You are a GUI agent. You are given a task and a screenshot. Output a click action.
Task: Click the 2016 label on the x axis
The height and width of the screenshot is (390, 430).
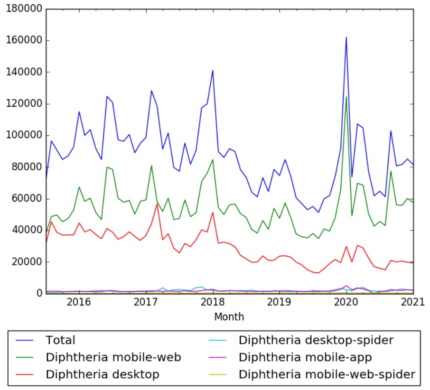pos(79,303)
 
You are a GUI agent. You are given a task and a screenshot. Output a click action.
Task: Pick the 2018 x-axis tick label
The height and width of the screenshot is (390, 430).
pos(213,303)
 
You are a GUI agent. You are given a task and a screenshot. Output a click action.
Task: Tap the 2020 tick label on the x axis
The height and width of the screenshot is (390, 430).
pos(346,303)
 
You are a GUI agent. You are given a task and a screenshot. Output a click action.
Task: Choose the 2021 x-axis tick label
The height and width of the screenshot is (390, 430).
pos(413,303)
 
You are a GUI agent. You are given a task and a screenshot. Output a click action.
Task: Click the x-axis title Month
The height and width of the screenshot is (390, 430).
pos(229,316)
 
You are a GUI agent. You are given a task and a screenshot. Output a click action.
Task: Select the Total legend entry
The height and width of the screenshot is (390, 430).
pos(60,340)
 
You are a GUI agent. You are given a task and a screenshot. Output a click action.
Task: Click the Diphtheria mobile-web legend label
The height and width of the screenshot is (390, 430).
pos(113,357)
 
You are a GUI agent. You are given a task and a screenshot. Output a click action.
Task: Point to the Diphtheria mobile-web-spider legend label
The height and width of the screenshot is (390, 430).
pos(327,374)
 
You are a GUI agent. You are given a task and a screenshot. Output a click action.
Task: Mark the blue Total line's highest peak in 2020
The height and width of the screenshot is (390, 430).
pos(346,37)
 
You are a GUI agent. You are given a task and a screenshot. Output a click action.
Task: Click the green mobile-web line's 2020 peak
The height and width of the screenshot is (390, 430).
pos(346,97)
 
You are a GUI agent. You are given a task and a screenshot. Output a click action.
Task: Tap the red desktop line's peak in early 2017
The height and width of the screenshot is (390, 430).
pos(157,204)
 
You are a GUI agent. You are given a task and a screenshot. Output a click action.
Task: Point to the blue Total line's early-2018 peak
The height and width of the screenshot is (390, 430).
pos(213,70)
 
